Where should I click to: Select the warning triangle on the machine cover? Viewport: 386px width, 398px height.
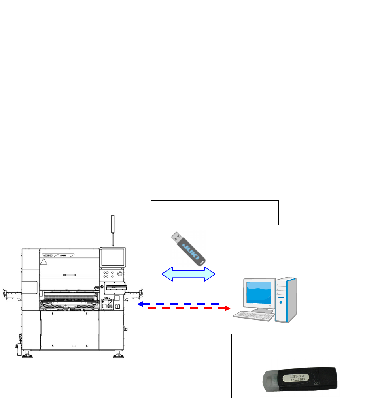(x=45, y=261)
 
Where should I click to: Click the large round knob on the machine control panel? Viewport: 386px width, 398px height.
(x=120, y=273)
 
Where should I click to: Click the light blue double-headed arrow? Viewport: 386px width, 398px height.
(x=189, y=274)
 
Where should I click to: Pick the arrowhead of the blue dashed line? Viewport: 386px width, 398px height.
(x=140, y=304)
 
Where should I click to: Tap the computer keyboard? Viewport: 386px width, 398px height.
(x=253, y=316)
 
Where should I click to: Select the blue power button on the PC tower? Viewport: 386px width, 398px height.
(x=281, y=303)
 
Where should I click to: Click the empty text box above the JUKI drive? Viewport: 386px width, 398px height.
(x=215, y=212)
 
